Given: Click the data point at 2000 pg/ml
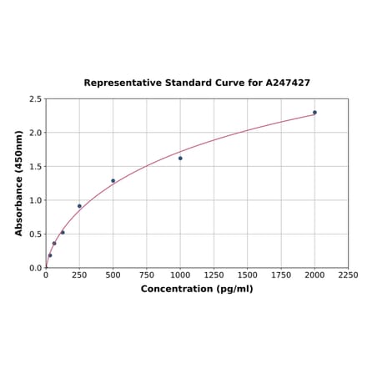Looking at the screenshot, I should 314,112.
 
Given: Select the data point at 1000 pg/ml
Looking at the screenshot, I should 180,158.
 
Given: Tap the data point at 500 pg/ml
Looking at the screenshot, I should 113,180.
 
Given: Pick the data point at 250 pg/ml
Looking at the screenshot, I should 79,206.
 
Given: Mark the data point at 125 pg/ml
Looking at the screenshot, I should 63,232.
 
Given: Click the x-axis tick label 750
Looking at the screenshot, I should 147,275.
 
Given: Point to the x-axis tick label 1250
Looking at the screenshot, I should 214,275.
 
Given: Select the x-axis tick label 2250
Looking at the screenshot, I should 348,275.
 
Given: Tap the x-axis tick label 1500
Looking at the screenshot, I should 248,275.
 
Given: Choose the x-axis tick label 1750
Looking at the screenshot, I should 281,275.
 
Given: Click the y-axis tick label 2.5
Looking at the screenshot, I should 35,99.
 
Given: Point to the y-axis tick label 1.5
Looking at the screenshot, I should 35,167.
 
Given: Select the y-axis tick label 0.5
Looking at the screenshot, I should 35,234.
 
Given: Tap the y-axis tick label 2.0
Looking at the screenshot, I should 35,133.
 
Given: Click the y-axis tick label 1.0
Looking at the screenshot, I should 35,200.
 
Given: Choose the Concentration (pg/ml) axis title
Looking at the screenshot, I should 197,289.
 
